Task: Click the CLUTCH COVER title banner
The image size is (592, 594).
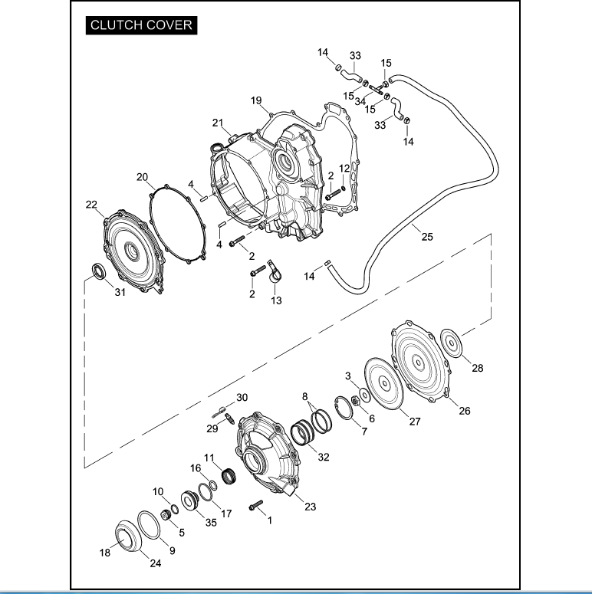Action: coord(140,25)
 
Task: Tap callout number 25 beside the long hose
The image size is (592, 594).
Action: coord(427,237)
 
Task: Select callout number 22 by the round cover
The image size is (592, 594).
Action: coord(91,204)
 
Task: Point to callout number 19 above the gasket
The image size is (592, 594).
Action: coord(256,100)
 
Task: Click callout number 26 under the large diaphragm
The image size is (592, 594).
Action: coord(464,410)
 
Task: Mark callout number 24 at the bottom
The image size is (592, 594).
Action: coord(156,564)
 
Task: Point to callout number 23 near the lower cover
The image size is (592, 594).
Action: coord(310,507)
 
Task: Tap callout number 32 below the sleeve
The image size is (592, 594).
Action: coord(323,457)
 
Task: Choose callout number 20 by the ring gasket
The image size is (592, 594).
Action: coord(142,177)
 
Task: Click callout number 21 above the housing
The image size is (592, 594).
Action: coord(218,123)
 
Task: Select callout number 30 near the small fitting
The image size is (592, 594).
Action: coord(242,397)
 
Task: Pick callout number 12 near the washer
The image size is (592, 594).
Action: coord(344,168)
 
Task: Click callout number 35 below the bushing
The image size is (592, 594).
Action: coord(211,522)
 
